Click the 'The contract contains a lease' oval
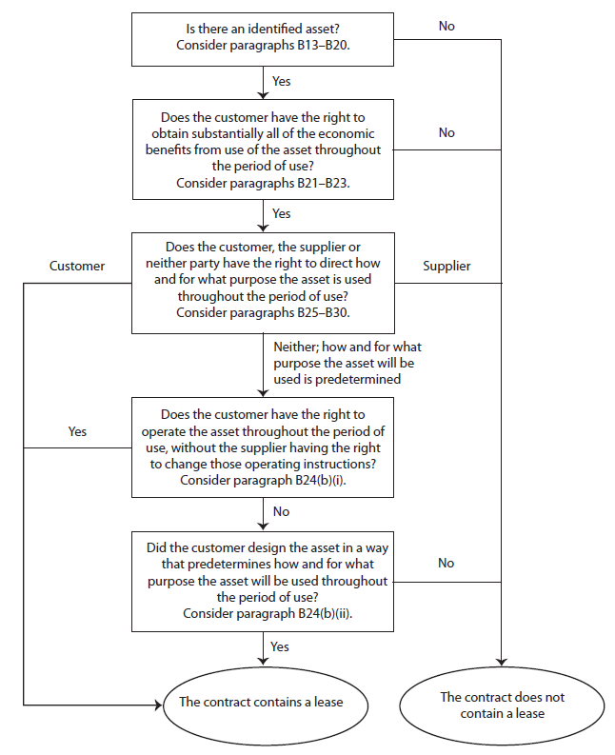(x=254, y=703)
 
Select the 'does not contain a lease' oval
(x=501, y=705)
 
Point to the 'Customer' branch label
(x=77, y=267)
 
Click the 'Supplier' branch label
(x=446, y=267)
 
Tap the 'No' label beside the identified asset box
(x=446, y=26)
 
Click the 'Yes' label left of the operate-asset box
(x=77, y=431)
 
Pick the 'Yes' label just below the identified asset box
(x=282, y=81)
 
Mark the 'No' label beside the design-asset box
(x=446, y=563)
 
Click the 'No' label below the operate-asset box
(x=282, y=511)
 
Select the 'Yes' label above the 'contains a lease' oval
(x=282, y=646)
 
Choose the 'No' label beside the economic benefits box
(x=446, y=132)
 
